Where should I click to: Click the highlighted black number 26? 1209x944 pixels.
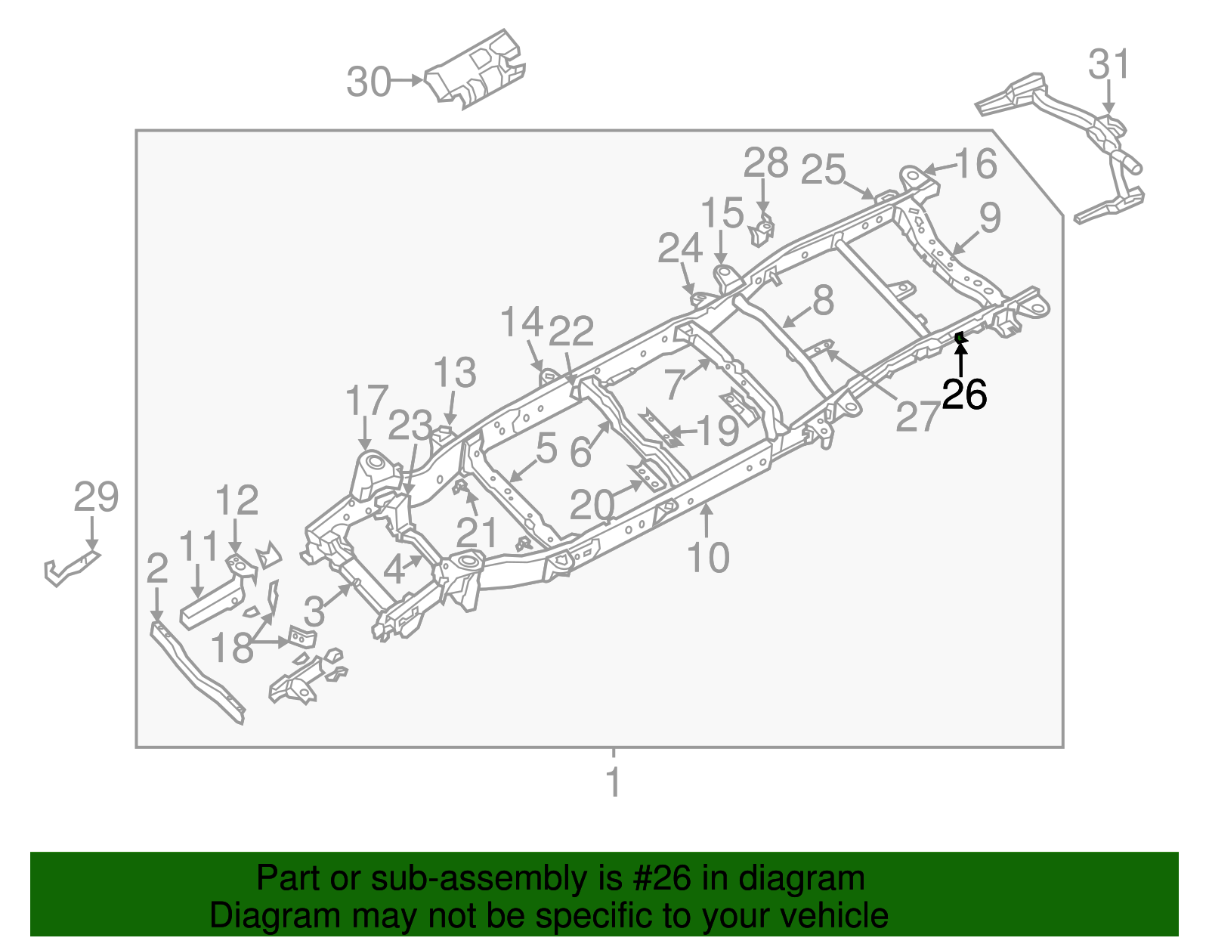point(964,395)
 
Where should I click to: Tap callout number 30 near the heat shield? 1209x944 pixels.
point(369,82)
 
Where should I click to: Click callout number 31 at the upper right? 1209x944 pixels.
point(1109,65)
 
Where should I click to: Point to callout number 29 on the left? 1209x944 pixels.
point(96,497)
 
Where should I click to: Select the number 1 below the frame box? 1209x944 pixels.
point(614,782)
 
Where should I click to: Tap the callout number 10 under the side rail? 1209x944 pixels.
point(708,558)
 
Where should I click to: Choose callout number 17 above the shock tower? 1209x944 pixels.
point(366,401)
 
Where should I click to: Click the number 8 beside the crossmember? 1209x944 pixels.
point(822,300)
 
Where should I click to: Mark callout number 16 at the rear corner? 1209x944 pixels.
point(976,163)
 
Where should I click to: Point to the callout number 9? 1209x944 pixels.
point(990,218)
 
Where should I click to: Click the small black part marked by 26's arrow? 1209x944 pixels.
point(959,337)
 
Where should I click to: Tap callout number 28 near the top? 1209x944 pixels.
point(765,163)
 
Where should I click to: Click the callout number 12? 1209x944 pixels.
point(237,500)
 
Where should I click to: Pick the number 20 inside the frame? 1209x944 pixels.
point(592,505)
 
